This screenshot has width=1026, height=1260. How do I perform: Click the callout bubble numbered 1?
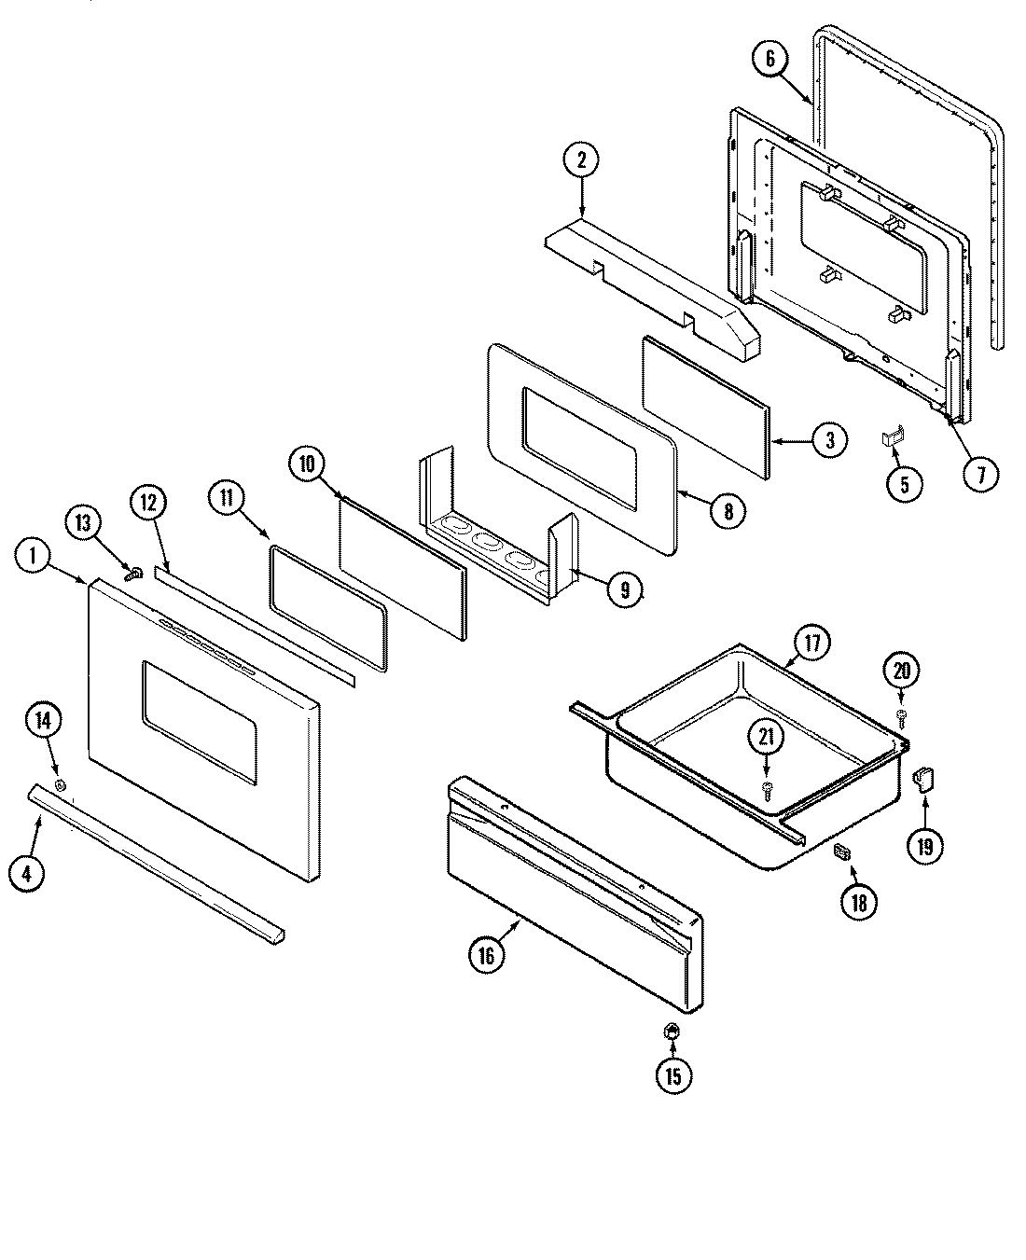pyautogui.click(x=33, y=556)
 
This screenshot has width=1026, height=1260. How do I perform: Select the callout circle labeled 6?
pyautogui.click(x=770, y=59)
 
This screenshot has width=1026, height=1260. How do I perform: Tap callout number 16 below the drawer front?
pyautogui.click(x=488, y=953)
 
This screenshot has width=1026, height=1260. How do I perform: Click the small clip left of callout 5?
pyautogui.click(x=892, y=436)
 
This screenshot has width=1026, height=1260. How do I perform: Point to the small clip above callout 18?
pyautogui.click(x=842, y=850)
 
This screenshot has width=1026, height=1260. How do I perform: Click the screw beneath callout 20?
pyautogui.click(x=902, y=713)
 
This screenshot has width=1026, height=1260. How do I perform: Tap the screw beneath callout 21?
pyautogui.click(x=767, y=789)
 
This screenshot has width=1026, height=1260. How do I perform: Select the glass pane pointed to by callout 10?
pyautogui.click(x=401, y=569)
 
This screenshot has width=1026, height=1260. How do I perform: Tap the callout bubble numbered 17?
pyautogui.click(x=811, y=643)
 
